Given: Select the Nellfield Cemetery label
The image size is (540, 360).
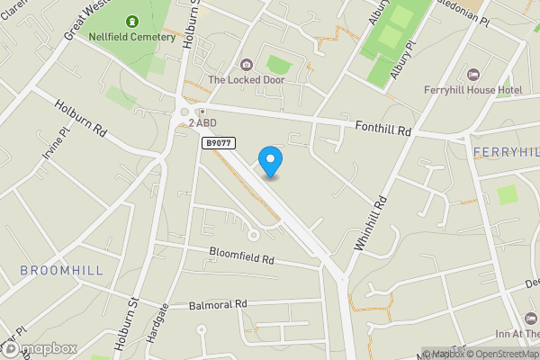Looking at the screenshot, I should point(132,37).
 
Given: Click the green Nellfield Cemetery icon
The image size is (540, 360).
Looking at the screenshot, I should point(133,21).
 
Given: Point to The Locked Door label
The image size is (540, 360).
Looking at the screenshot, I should point(246,79).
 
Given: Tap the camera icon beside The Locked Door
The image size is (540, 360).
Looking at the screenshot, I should point(247,64).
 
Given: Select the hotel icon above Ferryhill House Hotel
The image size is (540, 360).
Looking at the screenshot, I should point(473,73).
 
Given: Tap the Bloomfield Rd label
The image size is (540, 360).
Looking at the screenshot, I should point(240,256).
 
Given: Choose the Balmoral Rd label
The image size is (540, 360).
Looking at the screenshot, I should point(218,305).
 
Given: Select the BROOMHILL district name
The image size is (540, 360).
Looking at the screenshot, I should point(61,270).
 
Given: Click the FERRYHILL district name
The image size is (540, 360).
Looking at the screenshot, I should point(505,151).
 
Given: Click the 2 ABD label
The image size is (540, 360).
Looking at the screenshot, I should point(203,122).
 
